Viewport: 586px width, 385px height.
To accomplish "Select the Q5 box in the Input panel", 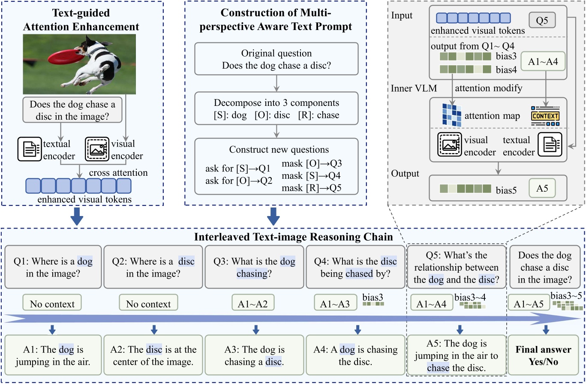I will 542,20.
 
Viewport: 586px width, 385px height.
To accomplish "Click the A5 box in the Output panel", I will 542,188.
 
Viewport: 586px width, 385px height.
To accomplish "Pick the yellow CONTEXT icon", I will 545,116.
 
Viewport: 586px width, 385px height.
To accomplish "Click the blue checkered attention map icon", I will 452,115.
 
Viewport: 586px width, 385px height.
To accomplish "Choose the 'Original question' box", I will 276,59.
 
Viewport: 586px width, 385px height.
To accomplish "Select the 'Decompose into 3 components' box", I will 276,109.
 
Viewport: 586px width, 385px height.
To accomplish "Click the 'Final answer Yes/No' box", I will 543,355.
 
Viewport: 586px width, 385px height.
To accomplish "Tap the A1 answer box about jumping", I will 53,355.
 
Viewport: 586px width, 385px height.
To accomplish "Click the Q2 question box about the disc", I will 153,267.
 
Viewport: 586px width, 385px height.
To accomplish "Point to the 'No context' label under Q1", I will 52,304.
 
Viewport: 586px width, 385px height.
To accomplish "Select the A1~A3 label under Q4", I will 335,304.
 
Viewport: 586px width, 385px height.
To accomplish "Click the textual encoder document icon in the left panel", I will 30,149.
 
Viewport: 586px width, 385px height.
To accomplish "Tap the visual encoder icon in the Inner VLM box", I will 449,144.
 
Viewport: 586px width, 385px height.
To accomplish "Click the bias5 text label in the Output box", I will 506,190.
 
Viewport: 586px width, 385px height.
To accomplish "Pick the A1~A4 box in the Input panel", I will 543,62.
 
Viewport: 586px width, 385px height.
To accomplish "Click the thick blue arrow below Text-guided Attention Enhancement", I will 77,216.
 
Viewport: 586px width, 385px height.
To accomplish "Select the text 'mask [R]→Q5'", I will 311,188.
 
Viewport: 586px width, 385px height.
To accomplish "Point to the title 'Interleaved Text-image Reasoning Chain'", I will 293,237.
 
